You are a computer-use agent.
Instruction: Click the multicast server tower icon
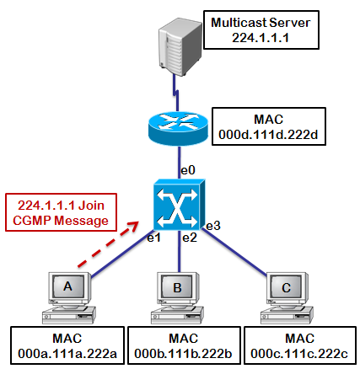click(x=180, y=47)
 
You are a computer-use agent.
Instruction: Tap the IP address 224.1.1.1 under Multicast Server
click(x=261, y=38)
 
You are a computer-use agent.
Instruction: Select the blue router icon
click(x=178, y=129)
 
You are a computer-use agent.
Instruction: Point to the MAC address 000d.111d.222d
click(x=268, y=135)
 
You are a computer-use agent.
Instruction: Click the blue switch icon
click(x=180, y=205)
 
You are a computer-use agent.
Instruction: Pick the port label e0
click(x=188, y=170)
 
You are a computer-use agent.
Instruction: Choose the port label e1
click(x=153, y=238)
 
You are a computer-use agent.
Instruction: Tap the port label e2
click(x=190, y=238)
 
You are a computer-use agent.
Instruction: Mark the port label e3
click(x=213, y=226)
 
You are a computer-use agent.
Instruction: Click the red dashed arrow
click(x=108, y=244)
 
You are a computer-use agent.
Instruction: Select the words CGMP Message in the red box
click(x=61, y=221)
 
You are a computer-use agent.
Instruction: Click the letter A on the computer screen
click(x=67, y=286)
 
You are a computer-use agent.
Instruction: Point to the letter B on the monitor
click(x=177, y=288)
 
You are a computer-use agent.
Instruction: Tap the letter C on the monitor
click(x=286, y=288)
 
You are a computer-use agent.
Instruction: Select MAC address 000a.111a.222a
click(x=67, y=354)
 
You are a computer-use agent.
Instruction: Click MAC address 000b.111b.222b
click(x=183, y=354)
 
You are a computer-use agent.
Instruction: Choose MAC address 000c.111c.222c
click(x=299, y=354)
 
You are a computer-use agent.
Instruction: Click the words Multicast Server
click(x=261, y=23)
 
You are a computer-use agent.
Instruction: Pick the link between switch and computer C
click(x=234, y=252)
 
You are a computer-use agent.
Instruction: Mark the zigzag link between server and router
click(x=176, y=93)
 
